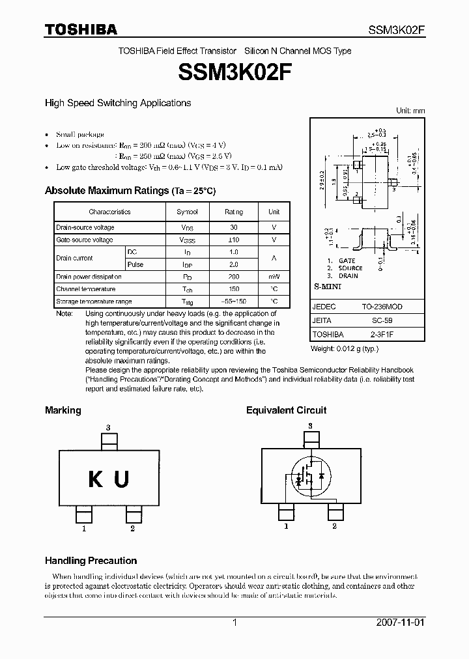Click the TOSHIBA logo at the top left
click(81, 29)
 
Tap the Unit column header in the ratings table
click(274, 212)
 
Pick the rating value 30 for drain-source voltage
click(234, 227)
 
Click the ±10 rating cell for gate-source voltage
click(234, 240)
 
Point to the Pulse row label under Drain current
click(135, 264)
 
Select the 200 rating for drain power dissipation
click(234, 277)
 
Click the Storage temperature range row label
click(94, 301)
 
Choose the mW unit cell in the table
click(274, 277)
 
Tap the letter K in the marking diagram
click(96, 480)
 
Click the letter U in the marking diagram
click(121, 480)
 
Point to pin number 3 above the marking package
click(108, 427)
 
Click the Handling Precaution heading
click(91, 561)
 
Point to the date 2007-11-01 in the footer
click(400, 623)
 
